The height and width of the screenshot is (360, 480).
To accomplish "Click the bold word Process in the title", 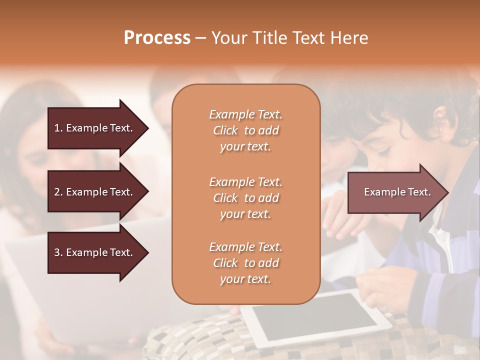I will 157,38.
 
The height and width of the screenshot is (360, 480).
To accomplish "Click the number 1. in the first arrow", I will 58,128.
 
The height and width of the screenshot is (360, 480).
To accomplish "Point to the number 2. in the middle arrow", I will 58,192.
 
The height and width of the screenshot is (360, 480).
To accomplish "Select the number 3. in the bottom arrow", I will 58,252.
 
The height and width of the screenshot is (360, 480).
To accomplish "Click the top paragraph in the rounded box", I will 245,130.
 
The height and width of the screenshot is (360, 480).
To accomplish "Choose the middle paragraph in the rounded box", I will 245,197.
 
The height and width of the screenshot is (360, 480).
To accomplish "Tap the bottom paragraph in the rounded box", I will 245,263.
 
